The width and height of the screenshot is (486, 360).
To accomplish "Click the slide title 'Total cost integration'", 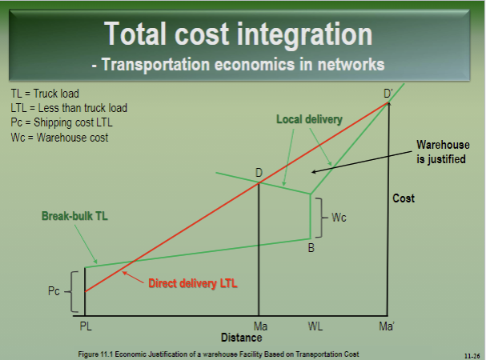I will tap(239, 34).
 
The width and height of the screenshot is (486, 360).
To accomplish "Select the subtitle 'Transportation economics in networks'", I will tap(238, 64).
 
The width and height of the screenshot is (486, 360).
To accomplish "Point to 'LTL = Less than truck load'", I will tap(69, 108).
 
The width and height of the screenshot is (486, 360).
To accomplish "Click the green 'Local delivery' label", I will tap(309, 119).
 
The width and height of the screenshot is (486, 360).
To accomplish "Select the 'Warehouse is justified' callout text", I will tap(440, 152).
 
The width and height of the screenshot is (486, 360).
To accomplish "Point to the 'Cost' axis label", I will tap(404, 198).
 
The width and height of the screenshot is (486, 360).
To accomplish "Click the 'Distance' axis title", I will tap(242, 338).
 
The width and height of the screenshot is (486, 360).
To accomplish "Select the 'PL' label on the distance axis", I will tap(86, 326).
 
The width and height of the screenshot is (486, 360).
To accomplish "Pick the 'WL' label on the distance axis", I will tap(315, 326).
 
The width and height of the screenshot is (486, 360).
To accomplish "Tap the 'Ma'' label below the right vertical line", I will tap(388, 326).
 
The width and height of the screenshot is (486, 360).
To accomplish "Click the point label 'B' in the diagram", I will tap(311, 248).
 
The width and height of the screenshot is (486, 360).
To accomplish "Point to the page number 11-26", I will tap(471, 354).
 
